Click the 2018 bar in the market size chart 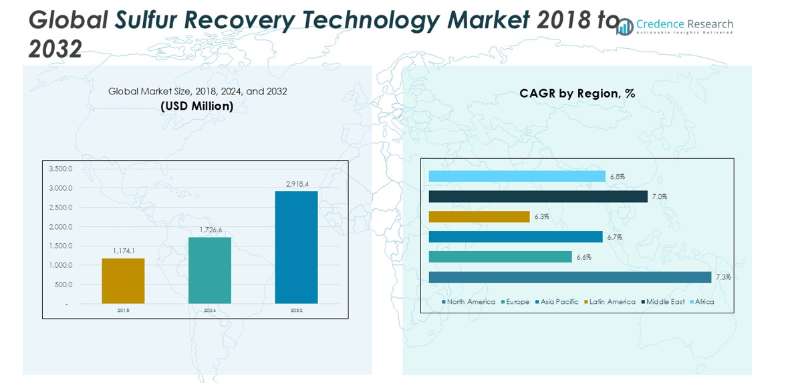click(x=123, y=281)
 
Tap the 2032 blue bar click(x=296, y=247)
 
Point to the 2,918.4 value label click(x=297, y=184)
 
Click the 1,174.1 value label click(x=124, y=251)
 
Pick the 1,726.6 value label click(x=210, y=230)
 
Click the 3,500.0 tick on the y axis click(x=60, y=169)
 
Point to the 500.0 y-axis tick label click(x=63, y=285)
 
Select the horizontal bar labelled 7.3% click(x=569, y=277)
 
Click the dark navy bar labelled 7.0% click(x=538, y=196)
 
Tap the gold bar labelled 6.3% click(x=479, y=216)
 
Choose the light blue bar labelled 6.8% click(x=517, y=176)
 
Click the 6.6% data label click(x=584, y=257)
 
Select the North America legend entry click(x=469, y=302)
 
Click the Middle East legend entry click(x=663, y=302)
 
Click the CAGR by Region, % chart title click(x=577, y=94)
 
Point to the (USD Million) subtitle click(x=197, y=106)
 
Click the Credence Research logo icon click(x=625, y=27)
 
